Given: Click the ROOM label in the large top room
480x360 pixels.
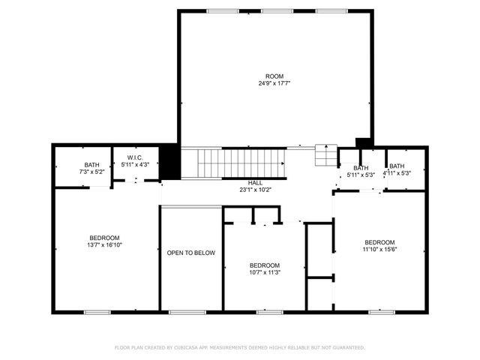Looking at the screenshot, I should pos(274,76).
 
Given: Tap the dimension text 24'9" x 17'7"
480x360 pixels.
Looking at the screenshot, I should pos(274,83).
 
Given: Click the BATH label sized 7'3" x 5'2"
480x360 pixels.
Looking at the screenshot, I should pos(91,165).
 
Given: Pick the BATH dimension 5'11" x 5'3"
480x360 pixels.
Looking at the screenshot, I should pos(361,175).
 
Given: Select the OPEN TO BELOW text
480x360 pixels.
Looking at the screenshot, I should pos(191,253).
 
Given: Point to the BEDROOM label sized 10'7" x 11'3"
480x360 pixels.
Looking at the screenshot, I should pos(264,265).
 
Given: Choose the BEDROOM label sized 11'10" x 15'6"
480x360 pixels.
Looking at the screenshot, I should pos(379,241).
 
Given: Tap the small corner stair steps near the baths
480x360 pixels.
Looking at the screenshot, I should pos(325,155).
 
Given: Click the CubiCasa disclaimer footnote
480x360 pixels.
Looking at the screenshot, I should pos(239,348).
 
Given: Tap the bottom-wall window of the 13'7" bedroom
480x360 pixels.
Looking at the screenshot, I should pos(97,311).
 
